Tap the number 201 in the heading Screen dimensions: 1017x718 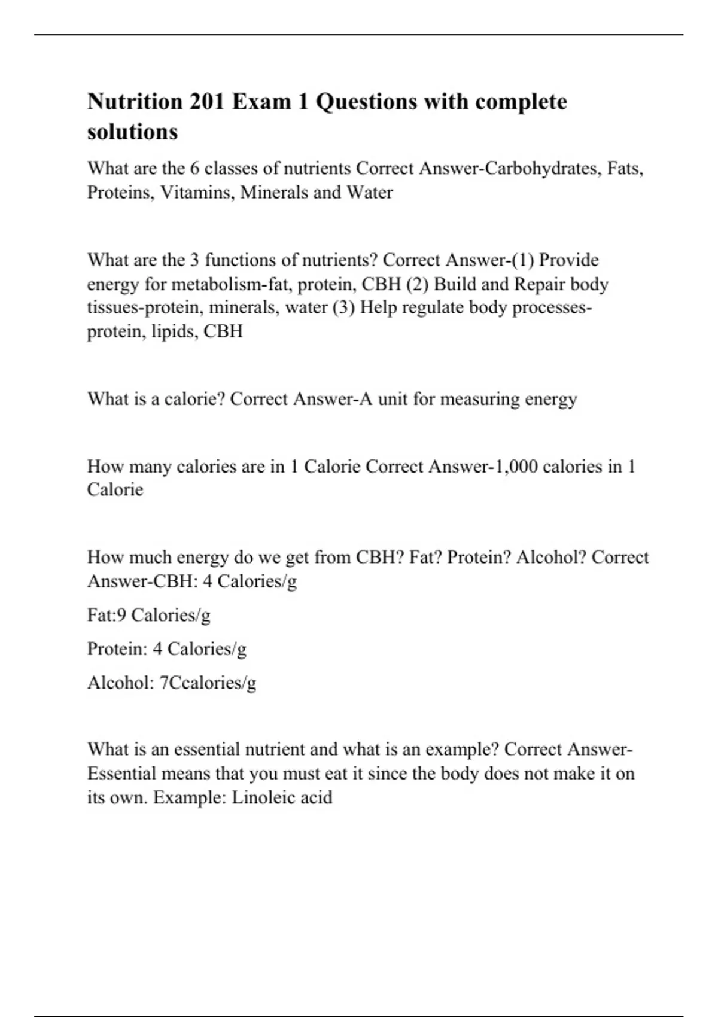pyautogui.click(x=208, y=102)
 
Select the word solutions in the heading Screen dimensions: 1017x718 pyautogui.click(x=132, y=132)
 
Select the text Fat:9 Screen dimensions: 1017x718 pyautogui.click(x=107, y=615)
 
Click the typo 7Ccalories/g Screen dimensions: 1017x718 pyautogui.click(x=208, y=683)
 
